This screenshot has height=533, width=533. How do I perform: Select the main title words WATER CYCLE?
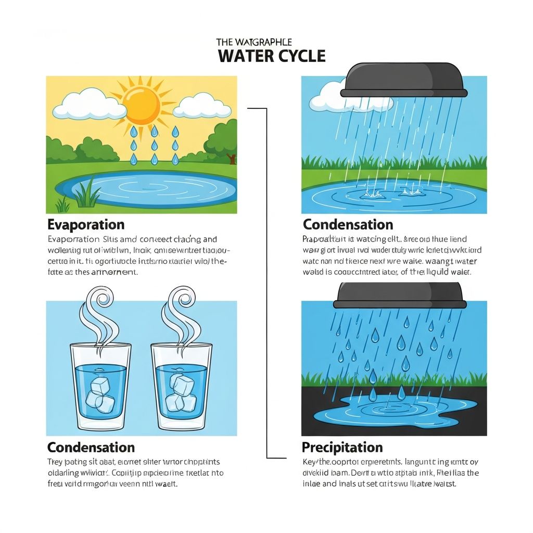click(x=272, y=56)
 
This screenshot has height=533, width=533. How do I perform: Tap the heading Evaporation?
click(x=86, y=225)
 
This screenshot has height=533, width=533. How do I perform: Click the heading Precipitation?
click(x=342, y=448)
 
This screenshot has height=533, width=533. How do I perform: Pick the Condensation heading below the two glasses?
click(x=91, y=448)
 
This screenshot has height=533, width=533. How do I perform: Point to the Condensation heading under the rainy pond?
click(x=348, y=225)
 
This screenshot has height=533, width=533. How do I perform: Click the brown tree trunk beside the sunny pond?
click(x=232, y=159)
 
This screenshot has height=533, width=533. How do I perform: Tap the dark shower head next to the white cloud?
click(x=402, y=81)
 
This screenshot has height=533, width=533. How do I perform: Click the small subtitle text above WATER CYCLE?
click(x=253, y=42)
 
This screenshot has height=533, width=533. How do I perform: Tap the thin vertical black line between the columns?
click(x=266, y=281)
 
